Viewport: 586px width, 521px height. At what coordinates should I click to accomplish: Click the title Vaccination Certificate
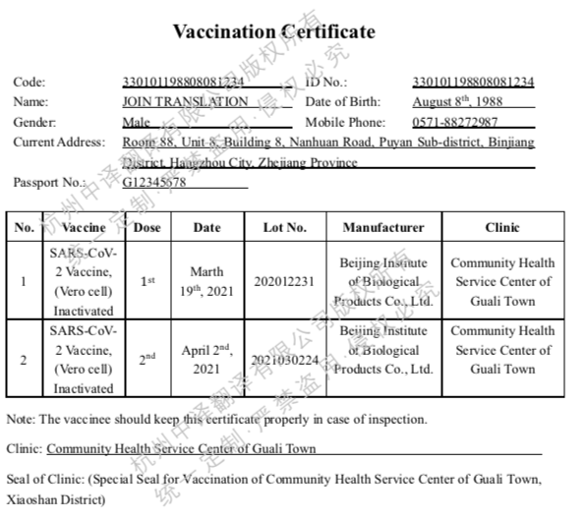pos(273,31)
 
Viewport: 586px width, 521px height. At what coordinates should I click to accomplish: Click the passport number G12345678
pos(154,182)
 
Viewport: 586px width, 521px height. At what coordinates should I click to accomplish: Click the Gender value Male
pos(137,122)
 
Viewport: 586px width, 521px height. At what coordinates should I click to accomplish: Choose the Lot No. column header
pos(285,227)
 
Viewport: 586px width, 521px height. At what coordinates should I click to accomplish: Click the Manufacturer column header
pos(383,227)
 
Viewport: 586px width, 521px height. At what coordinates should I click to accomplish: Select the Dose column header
pos(146,227)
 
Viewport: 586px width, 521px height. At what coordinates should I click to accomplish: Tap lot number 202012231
pos(283,281)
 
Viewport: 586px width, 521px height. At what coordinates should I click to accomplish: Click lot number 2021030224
pos(285,360)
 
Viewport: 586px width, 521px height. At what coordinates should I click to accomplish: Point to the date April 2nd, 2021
pos(206,360)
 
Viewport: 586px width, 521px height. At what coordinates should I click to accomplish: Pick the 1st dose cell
pos(146,281)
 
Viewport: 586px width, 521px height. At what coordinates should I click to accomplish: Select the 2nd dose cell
pos(146,360)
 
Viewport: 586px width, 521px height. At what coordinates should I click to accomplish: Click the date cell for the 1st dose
pos(206,281)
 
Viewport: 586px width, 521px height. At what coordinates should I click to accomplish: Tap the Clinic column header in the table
pos(502,227)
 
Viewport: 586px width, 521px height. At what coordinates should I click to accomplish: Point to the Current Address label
pos(58,143)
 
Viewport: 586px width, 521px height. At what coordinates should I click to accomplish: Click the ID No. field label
pos(326,83)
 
